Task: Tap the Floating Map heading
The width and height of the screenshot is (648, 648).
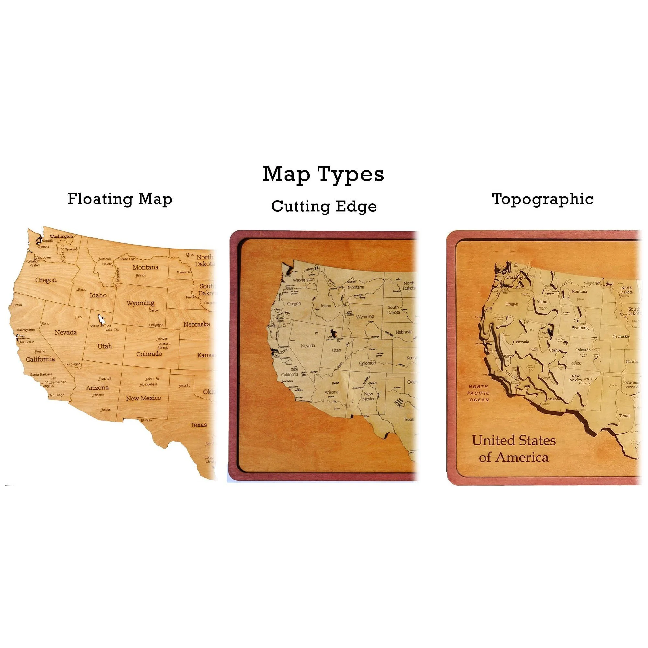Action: tap(120, 199)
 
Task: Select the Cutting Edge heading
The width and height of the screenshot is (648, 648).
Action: tap(324, 206)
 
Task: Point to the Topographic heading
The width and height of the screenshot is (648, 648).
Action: tap(542, 199)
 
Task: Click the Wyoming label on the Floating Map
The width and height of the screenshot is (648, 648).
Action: tap(140, 303)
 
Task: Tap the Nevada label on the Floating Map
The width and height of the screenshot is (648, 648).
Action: tap(66, 332)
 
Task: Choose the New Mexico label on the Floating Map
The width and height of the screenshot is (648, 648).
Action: tap(144, 398)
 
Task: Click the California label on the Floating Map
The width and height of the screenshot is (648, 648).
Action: tap(40, 359)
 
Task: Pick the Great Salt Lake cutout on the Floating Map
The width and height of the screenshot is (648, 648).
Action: tap(100, 317)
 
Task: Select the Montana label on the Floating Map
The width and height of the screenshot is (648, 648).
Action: tap(145, 267)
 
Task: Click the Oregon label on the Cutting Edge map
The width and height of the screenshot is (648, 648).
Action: tap(294, 304)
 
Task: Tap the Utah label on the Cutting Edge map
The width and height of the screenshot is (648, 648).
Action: tap(336, 350)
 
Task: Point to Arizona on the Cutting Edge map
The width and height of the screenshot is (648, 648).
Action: tap(331, 392)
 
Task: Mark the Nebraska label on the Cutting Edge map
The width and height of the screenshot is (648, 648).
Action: tap(404, 332)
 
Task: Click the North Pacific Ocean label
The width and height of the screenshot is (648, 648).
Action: tap(479, 393)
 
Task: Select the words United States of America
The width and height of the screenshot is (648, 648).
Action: tap(514, 449)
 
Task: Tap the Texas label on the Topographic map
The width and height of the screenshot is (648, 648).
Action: tap(625, 416)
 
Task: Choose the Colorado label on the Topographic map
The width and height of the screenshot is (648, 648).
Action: tap(583, 350)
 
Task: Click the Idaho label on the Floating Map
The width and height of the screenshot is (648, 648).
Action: tap(98, 295)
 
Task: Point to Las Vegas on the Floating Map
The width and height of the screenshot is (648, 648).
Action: tap(73, 364)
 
